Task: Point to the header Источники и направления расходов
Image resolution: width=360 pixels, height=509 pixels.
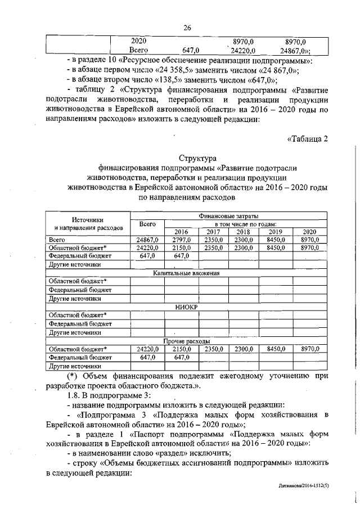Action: (x=88, y=224)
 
